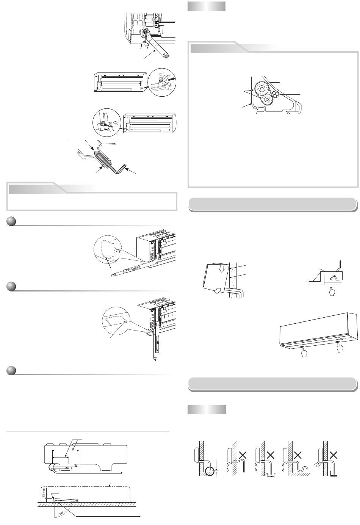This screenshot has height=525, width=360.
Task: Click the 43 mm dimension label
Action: (44, 492)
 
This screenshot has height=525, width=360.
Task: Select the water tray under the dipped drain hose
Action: (271, 474)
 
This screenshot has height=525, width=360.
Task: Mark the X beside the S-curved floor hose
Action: (297, 455)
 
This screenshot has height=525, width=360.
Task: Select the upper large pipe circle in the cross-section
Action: (261, 88)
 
